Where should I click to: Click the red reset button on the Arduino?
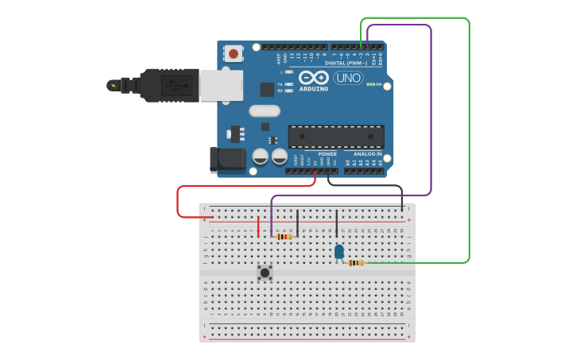coord(234,54)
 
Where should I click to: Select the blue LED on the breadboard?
coord(339,252)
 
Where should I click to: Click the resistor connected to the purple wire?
coord(284,236)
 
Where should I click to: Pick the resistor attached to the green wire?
coord(356,262)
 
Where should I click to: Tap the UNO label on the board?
coord(348,78)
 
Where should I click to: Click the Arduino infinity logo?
coord(314,78)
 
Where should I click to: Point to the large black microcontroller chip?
coord(335,136)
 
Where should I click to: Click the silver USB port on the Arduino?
coord(220,85)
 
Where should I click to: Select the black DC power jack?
coord(228,159)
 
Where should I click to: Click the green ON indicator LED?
coord(369,84)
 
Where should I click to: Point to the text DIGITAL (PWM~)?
coord(346,63)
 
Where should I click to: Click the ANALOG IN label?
coord(367,153)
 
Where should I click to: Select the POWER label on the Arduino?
coord(327,153)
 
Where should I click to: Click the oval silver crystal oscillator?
coord(265,111)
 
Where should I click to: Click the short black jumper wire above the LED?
coord(336,223)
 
